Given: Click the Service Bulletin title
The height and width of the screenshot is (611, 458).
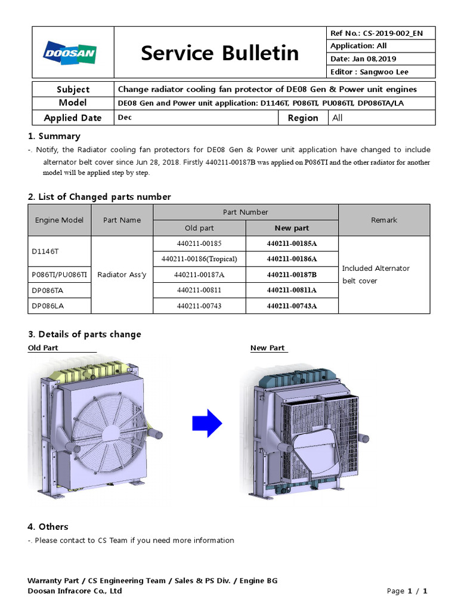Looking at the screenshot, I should (x=219, y=53).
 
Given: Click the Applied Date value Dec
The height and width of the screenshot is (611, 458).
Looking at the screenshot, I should (x=125, y=118).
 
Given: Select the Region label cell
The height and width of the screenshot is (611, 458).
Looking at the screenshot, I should (x=303, y=118).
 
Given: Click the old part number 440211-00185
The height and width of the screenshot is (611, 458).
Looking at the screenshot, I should (x=199, y=243).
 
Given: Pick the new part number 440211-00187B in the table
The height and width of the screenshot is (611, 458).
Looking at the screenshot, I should (x=292, y=274).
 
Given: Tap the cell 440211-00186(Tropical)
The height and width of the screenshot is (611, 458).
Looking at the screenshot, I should (x=199, y=259).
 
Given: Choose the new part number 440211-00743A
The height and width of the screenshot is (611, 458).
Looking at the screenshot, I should (x=292, y=305).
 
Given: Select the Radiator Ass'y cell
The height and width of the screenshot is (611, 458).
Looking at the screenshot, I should (x=122, y=274).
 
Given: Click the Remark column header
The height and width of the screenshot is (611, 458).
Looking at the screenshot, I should (x=383, y=220).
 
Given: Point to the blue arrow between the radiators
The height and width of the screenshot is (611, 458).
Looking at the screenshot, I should (x=206, y=424).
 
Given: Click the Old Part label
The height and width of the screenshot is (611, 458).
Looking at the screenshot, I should (x=43, y=348).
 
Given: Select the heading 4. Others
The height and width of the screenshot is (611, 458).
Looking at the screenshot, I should (x=48, y=526).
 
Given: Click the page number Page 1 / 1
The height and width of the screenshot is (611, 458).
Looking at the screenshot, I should (x=407, y=591).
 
